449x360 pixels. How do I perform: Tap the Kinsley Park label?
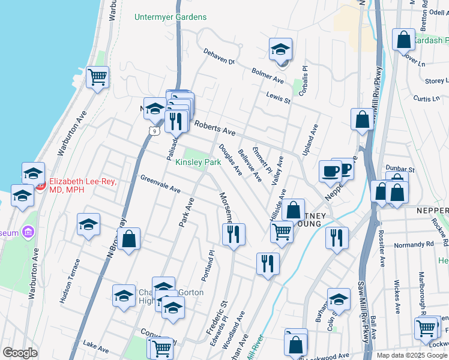(198, 162)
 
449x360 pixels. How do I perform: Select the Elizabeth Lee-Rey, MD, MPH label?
(83, 185)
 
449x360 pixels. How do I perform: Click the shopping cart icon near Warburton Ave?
(97, 77)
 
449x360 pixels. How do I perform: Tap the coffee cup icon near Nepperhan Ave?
(330, 172)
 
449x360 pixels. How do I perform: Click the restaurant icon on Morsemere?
(234, 233)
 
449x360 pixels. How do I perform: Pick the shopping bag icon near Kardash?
(404, 40)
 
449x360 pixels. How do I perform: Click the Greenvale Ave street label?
(160, 184)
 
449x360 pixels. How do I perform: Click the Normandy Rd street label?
(414, 245)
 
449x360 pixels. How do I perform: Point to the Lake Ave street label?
(96, 347)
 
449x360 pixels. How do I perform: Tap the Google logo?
(20, 353)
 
